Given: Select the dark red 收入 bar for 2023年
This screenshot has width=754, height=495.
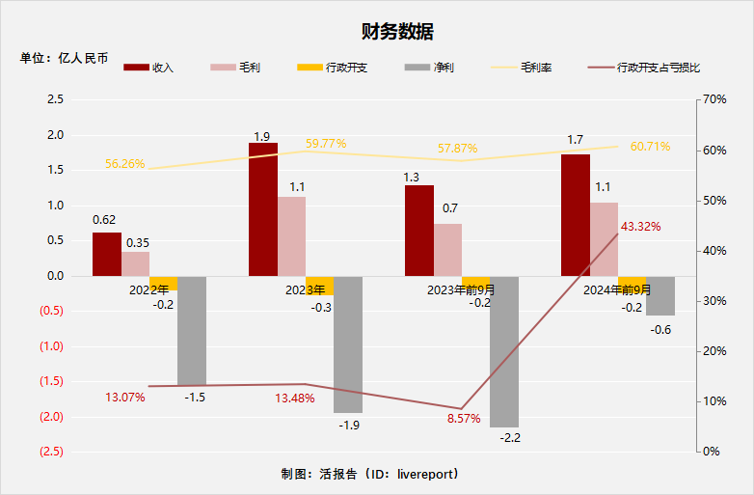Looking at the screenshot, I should [x=263, y=209].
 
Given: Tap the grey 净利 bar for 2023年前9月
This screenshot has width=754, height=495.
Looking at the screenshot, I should [x=504, y=351].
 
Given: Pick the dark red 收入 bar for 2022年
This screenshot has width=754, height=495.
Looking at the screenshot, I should [x=107, y=254].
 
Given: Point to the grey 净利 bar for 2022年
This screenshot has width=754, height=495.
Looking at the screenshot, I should [x=192, y=330].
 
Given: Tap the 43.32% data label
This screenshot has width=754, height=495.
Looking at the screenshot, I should [x=640, y=226].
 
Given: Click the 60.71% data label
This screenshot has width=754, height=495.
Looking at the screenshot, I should [x=650, y=147].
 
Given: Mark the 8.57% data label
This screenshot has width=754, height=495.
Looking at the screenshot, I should [x=464, y=418].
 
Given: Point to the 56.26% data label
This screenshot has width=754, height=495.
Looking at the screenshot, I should [x=124, y=164].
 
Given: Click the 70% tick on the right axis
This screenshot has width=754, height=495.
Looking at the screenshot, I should [x=714, y=99].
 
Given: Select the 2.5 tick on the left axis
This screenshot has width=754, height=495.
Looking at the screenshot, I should [x=55, y=99].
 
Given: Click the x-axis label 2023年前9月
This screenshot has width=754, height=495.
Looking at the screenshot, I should [x=460, y=289].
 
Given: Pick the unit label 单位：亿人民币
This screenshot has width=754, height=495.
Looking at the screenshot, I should [x=64, y=58].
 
